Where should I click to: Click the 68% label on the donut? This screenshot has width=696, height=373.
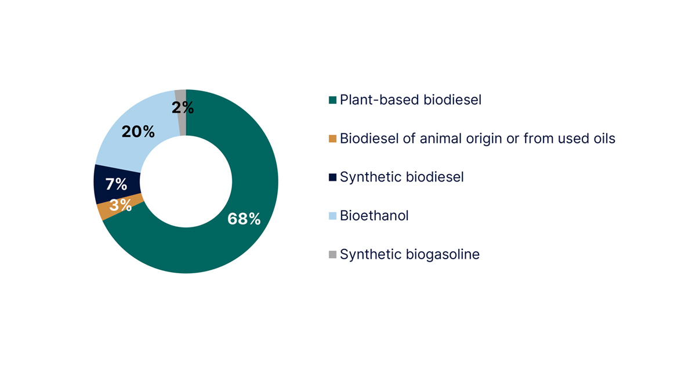coord(244,219)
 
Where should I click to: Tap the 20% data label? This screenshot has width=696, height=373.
coord(138,132)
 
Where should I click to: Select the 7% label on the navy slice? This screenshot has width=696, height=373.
coord(116,184)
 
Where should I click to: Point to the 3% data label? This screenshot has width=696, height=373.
coord(120,205)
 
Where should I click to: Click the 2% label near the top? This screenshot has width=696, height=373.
coord(183,107)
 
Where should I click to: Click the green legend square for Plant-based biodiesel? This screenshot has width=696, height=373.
coord(332,100)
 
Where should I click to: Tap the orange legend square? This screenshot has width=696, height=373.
coord(332,139)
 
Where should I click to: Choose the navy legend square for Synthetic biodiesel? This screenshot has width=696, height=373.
coord(332,177)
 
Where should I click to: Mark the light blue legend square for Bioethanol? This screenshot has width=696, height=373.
coord(332,216)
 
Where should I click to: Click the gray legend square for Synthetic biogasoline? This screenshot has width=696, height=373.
coord(332,254)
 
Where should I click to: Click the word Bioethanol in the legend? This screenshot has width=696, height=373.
coord(374,216)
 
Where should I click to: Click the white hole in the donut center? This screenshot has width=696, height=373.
coord(186,182)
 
